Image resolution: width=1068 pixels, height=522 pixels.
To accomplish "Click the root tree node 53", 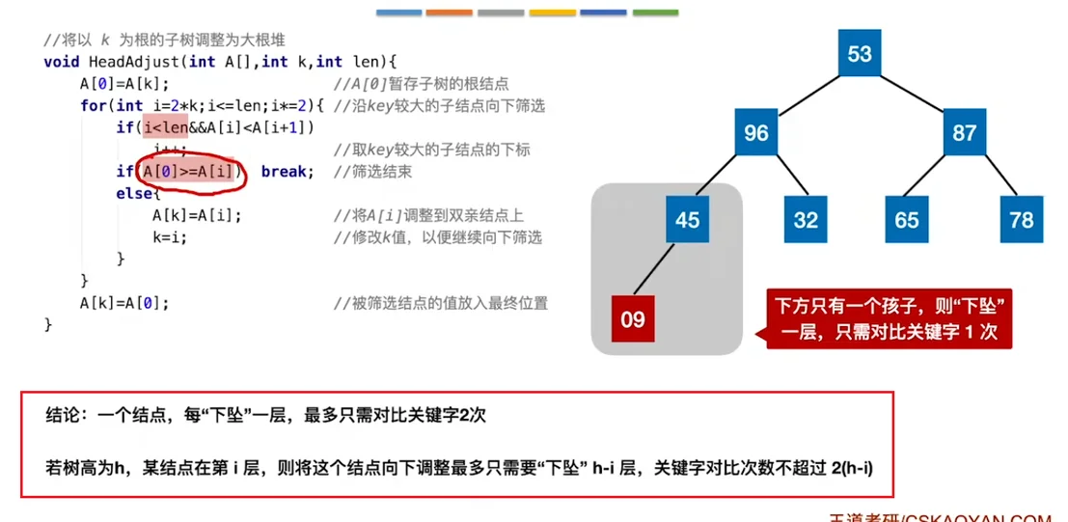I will (x=860, y=54).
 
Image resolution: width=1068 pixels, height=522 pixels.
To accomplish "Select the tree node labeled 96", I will (x=756, y=133).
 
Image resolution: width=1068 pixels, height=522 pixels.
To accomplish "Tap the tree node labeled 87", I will (x=964, y=133).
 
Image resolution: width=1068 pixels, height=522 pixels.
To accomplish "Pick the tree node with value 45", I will (x=687, y=220).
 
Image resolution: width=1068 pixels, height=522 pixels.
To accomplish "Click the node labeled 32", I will (x=806, y=220).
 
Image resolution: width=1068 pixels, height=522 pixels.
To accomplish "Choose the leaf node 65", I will (x=907, y=220).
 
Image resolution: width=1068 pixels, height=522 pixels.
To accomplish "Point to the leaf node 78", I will (x=1020, y=220).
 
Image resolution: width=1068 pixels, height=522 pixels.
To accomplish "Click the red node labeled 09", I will (x=633, y=318).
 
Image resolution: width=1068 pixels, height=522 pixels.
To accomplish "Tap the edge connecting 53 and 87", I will (x=913, y=94).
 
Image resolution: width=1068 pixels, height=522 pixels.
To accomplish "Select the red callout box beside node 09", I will (x=890, y=319).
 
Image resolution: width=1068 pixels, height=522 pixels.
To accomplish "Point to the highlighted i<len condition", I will (x=165, y=127).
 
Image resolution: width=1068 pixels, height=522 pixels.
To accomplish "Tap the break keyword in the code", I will (x=288, y=172).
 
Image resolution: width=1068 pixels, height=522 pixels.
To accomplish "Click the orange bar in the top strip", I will (x=449, y=13).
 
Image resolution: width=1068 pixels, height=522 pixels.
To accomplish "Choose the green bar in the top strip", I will (x=655, y=13).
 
